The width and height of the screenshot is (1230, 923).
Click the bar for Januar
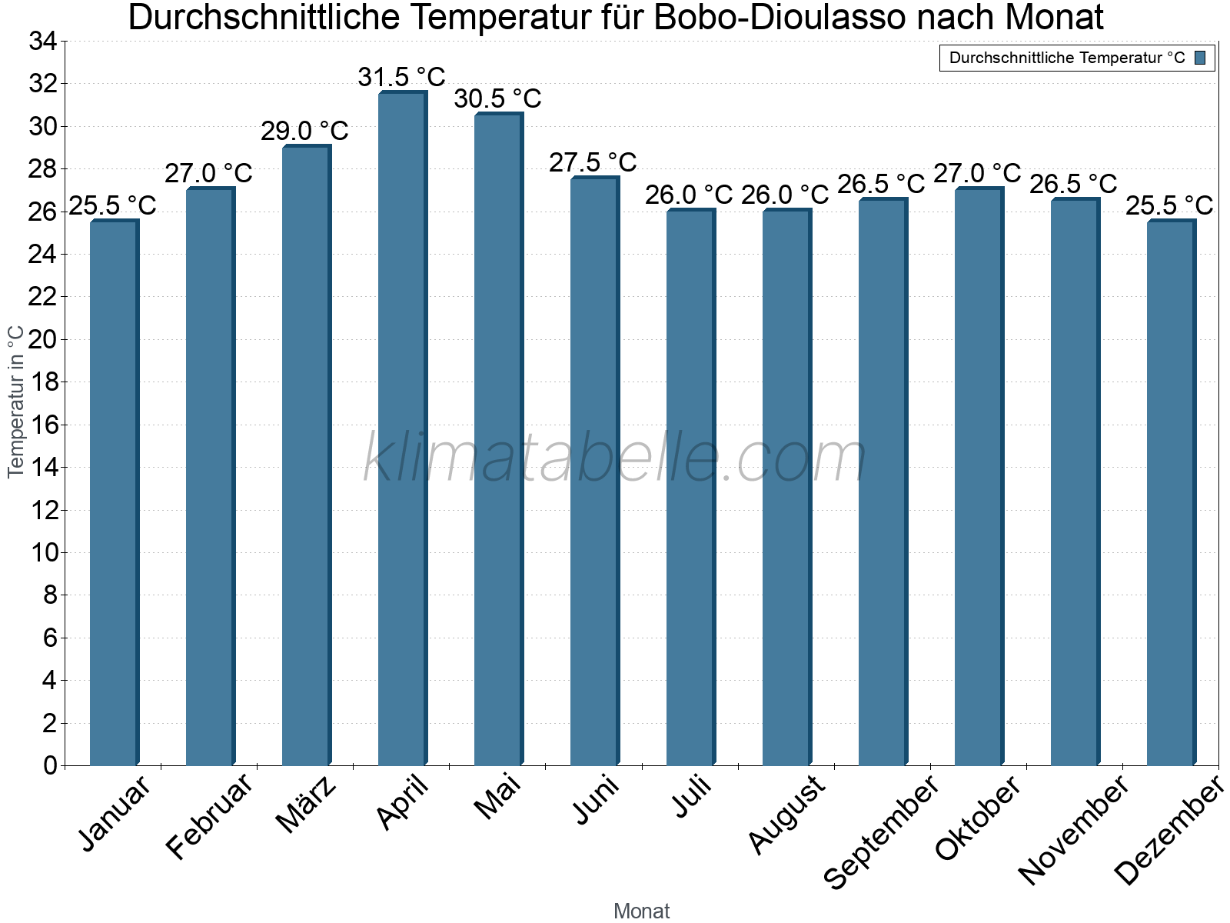(114, 492)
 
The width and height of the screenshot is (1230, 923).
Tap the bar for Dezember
(1171, 492)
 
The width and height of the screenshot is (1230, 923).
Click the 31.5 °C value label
(401, 78)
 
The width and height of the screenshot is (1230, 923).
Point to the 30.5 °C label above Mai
(497, 99)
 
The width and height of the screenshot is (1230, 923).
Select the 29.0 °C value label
(304, 132)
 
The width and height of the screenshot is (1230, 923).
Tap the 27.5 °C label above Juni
(593, 163)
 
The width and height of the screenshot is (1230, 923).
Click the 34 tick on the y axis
(42, 42)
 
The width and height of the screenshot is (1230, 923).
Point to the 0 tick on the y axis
(50, 765)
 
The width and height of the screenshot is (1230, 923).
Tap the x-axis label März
(306, 805)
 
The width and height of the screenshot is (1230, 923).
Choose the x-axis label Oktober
(977, 818)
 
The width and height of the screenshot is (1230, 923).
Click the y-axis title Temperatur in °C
(16, 402)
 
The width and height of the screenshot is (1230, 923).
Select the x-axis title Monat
(641, 911)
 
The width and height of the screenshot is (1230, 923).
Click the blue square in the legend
(1200, 58)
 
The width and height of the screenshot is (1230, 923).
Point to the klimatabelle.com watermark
(615, 459)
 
